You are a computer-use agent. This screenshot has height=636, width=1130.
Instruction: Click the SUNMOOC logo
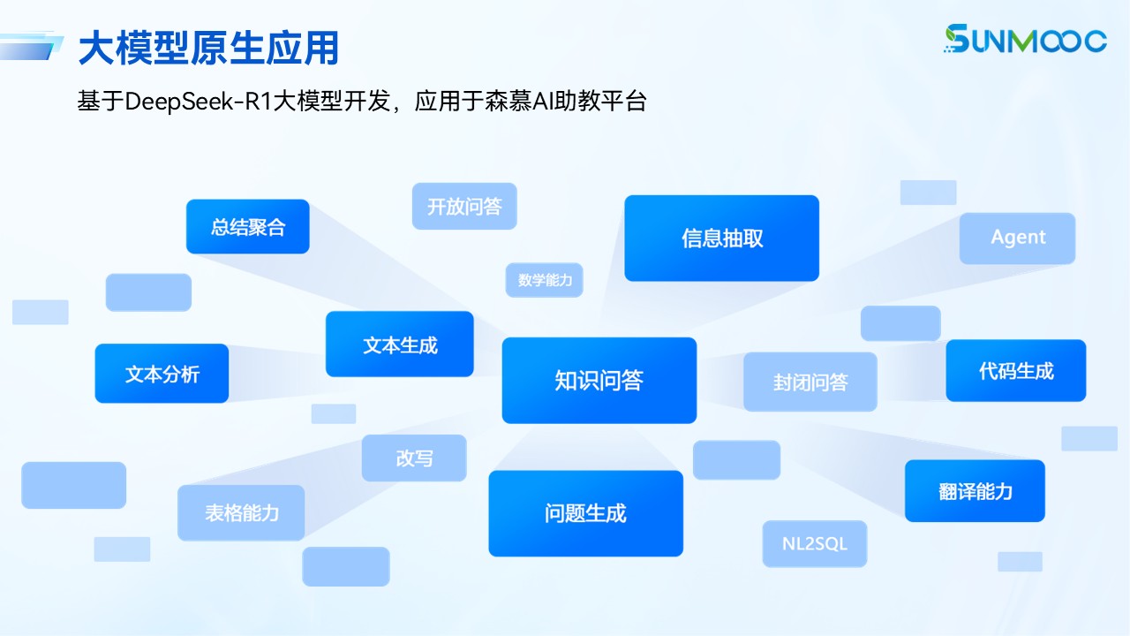pos(1024,39)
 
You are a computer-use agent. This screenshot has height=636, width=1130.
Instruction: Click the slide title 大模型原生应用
pos(208,48)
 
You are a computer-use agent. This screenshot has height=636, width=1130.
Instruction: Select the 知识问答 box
pos(599,381)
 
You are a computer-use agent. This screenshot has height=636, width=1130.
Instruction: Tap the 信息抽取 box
pos(721,238)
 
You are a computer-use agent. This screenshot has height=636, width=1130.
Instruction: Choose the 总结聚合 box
pos(247,227)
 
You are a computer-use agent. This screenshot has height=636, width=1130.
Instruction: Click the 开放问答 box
pos(463,207)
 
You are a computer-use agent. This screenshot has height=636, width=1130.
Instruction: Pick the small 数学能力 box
pos(544,280)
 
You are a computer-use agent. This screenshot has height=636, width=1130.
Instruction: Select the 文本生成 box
pos(399,344)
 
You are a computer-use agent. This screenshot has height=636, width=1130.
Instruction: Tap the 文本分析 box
pos(162,374)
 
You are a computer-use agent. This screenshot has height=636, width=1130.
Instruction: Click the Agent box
pos(1017,238)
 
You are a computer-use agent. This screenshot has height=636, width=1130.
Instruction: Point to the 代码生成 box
pos(1015,371)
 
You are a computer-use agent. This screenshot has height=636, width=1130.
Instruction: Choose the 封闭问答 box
pos(810,382)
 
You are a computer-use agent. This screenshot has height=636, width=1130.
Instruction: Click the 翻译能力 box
pos(975,491)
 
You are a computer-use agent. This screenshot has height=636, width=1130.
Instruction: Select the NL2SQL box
pos(814,544)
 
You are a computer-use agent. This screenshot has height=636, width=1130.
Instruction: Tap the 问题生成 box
pos(585,513)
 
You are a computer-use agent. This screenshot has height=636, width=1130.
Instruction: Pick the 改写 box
pos(413,458)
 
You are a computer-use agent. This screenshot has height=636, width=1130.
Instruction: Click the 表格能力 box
pos(241,513)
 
